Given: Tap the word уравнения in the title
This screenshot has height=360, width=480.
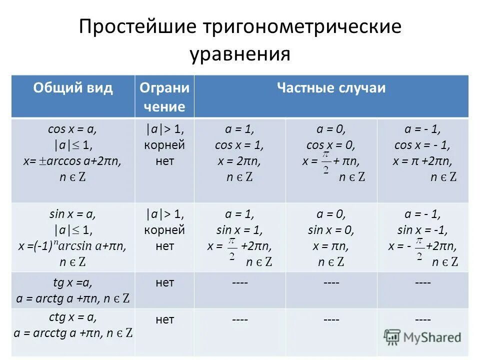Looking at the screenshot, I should point(240,53).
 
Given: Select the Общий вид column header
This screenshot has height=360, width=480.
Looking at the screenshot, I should point(73,88).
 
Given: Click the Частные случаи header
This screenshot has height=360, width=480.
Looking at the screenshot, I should point(331,88).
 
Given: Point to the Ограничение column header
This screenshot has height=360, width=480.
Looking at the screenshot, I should point(164,97).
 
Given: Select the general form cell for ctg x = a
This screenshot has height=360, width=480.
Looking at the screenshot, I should point(73,325).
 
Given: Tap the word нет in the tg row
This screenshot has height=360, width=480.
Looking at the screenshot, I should point(164,283).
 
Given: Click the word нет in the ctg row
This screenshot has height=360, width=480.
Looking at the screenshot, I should point(164,319).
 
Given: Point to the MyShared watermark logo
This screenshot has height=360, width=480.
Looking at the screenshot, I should point(422,337).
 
